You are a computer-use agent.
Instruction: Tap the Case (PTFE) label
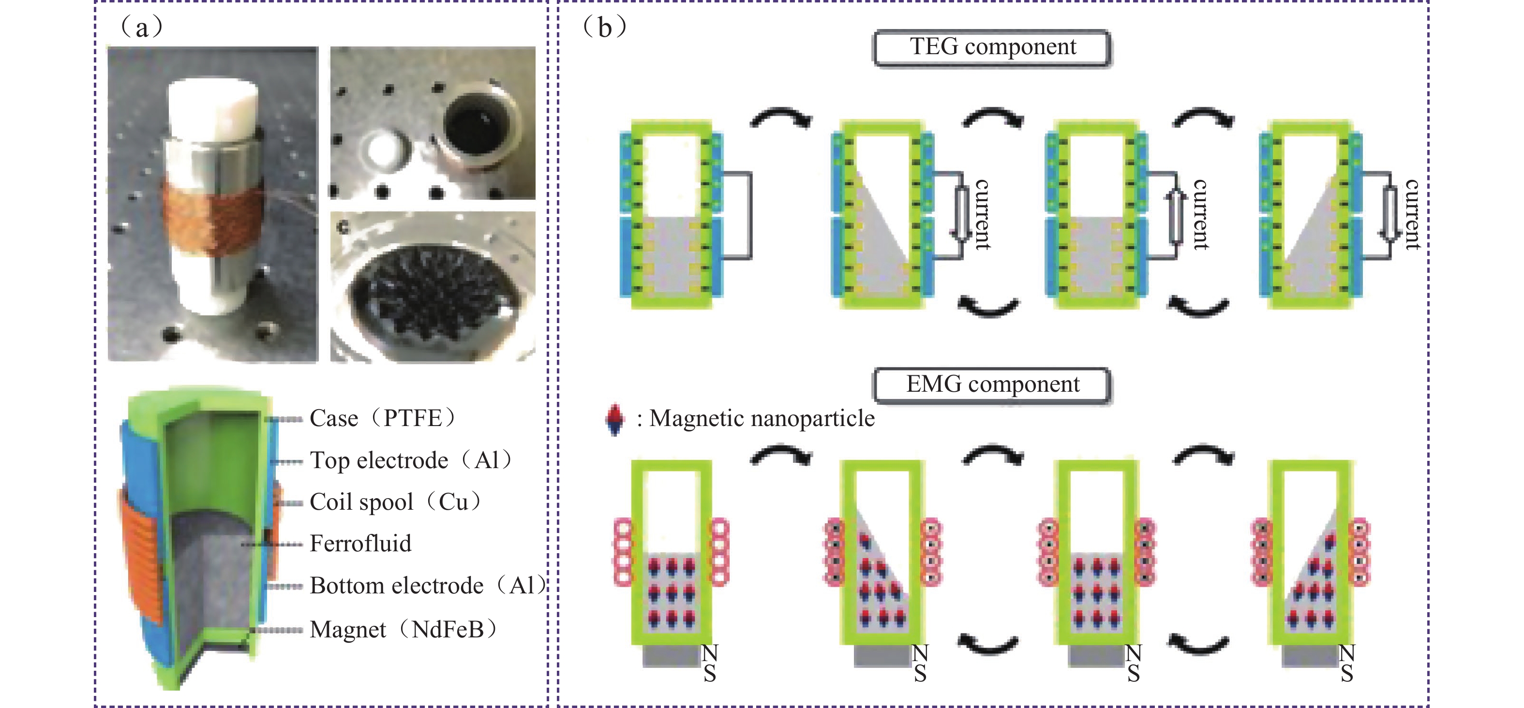pos(382,418)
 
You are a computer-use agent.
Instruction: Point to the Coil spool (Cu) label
pos(395,502)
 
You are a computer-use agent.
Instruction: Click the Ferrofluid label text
pos(360,544)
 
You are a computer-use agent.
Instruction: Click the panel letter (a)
pos(141,27)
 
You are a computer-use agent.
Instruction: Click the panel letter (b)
pos(605,27)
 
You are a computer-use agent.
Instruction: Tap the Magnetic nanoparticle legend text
pos(762,419)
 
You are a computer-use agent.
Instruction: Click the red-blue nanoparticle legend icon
pos(615,419)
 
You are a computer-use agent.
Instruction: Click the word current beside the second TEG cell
pos(983,214)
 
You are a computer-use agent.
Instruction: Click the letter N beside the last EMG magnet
pos(1347,653)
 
